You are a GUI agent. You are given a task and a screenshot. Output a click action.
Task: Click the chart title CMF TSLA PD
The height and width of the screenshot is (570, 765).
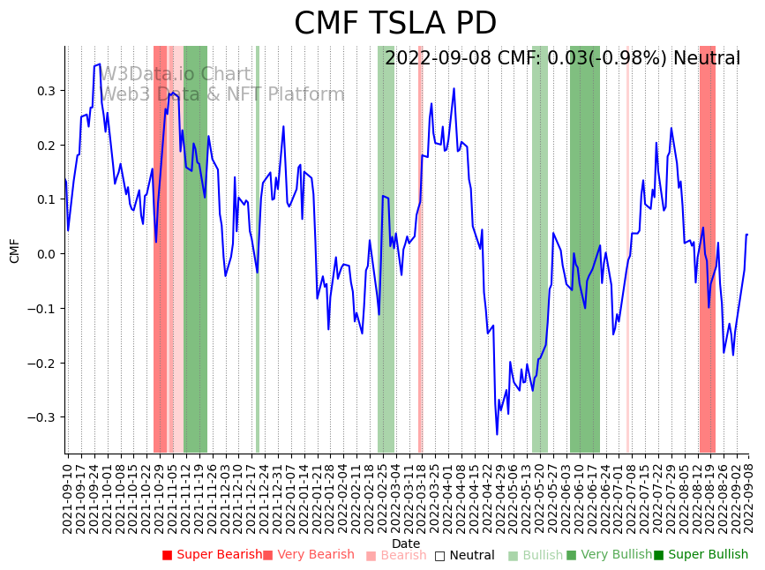coord(395,24)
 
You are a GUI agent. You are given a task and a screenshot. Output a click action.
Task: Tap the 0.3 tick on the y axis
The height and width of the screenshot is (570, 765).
coord(46,91)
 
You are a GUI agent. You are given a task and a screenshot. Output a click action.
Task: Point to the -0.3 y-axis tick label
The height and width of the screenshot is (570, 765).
coord(43,417)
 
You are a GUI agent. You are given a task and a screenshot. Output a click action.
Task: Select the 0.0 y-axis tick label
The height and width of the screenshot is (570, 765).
coord(46,254)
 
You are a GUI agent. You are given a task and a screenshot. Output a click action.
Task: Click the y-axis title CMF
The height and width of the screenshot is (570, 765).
coord(15,251)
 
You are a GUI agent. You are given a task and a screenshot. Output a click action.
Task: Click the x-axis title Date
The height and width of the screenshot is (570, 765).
coord(406,544)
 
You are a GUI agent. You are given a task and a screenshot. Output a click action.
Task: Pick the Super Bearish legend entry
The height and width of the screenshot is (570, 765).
coord(212,555)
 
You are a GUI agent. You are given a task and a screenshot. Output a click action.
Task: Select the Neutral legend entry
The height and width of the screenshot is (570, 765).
coord(464,555)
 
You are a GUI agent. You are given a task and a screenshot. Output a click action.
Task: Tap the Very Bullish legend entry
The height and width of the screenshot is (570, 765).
coord(609,555)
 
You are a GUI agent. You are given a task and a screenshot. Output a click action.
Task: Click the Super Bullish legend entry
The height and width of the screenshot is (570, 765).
coord(701,555)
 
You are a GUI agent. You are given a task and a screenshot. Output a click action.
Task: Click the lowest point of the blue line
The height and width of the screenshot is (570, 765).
coord(497,434)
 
